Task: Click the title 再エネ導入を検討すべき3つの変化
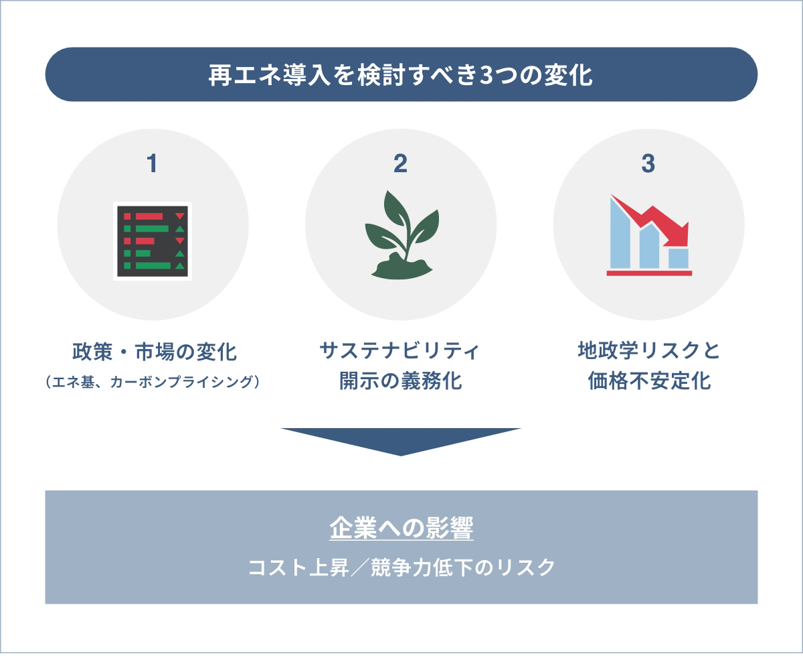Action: [401, 74]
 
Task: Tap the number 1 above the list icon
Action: [153, 163]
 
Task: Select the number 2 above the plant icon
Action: [400, 163]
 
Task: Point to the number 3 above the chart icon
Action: [648, 163]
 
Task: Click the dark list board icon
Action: [153, 241]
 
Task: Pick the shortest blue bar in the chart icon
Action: [679, 258]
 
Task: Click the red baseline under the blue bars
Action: [648, 273]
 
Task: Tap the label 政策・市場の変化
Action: [154, 350]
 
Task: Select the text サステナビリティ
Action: [401, 350]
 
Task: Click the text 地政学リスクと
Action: [648, 350]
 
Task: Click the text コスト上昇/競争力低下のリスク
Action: [401, 567]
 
